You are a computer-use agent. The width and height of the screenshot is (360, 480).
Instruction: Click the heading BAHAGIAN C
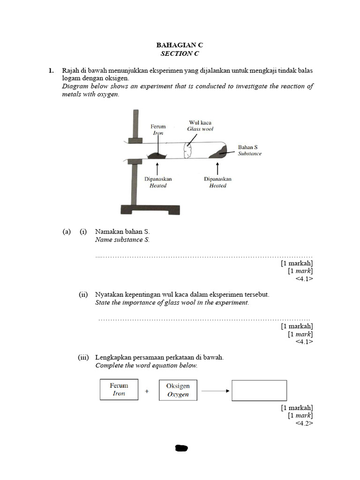[x=180, y=45]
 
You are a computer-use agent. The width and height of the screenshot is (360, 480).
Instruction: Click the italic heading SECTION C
[x=180, y=53]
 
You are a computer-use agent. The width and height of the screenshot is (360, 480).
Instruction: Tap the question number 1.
[x=50, y=70]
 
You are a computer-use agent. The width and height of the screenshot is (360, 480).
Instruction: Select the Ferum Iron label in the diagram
[x=158, y=129]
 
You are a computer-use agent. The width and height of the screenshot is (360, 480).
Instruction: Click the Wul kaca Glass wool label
[x=200, y=126]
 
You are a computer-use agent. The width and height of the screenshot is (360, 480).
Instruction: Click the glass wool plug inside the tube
[x=188, y=150]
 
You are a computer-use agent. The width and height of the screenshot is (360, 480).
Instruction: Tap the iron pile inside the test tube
[x=157, y=155]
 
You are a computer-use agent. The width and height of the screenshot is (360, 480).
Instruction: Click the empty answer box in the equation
[x=259, y=390]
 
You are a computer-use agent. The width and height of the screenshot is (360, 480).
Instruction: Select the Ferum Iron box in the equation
[x=119, y=390]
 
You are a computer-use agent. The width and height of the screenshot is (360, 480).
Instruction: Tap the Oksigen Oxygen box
[x=178, y=390]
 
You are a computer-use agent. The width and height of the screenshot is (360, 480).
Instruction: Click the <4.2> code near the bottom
[x=304, y=423]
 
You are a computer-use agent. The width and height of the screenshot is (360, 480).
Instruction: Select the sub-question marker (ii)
[x=83, y=294]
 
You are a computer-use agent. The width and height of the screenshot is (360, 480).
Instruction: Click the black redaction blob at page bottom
[x=181, y=448]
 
